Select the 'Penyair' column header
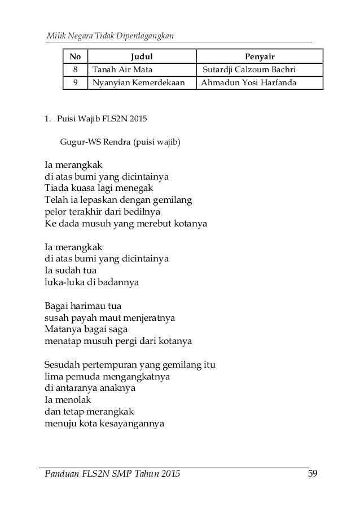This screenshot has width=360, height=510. click(x=259, y=56)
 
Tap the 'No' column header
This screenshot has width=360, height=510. click(x=74, y=56)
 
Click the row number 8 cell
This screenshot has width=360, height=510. click(x=74, y=70)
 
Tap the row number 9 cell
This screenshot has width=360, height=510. click(x=74, y=83)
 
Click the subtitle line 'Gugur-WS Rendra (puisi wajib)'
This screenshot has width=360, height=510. click(x=120, y=141)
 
